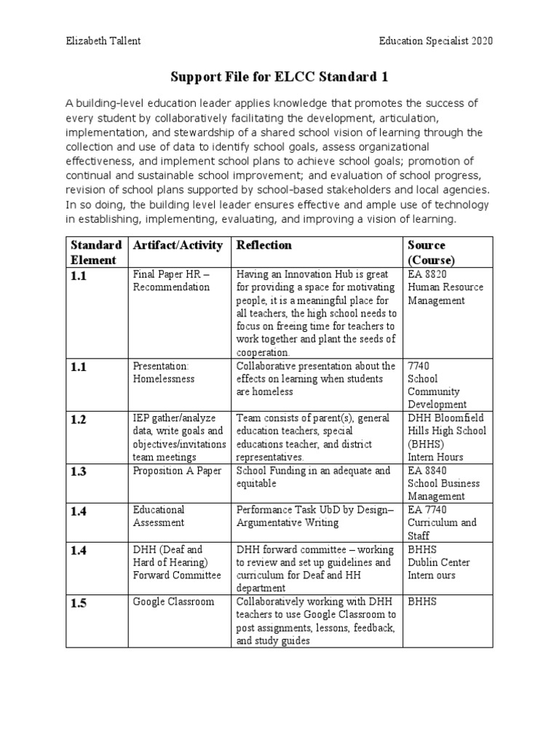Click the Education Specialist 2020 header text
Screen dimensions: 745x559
tap(436, 41)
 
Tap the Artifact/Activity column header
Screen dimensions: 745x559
tap(178, 245)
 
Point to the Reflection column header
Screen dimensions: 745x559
tap(263, 245)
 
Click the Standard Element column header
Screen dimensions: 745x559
tap(96, 252)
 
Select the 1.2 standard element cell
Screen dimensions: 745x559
tap(79, 419)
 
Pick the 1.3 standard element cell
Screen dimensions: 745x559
tap(79, 472)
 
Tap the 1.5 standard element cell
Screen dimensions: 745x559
tap(79, 602)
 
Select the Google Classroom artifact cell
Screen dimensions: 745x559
tap(173, 602)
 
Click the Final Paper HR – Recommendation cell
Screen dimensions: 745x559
tap(171, 280)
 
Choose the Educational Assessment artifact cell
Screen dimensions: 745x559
tap(159, 516)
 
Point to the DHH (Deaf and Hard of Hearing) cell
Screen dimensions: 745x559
tap(177, 562)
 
